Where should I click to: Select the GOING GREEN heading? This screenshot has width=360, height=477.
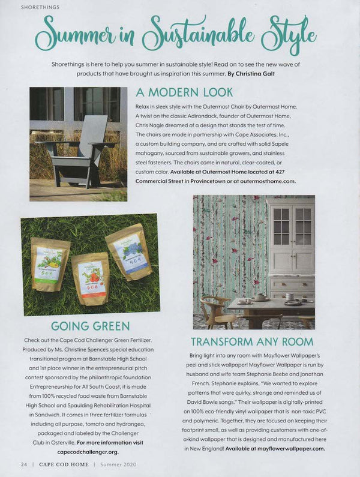pos(90,326)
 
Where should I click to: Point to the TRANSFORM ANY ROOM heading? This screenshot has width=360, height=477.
pos(252,342)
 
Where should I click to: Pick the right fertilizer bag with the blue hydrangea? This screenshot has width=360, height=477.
pos(129,255)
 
